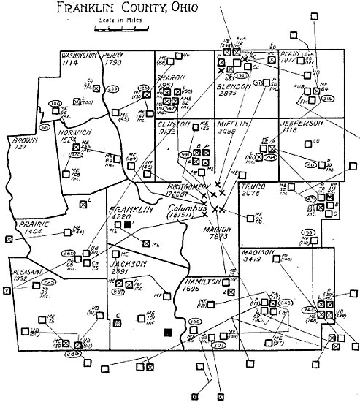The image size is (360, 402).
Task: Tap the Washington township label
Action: (x=80, y=56)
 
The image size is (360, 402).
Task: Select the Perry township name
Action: (x=112, y=56)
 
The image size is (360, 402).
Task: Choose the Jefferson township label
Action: (x=299, y=123)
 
